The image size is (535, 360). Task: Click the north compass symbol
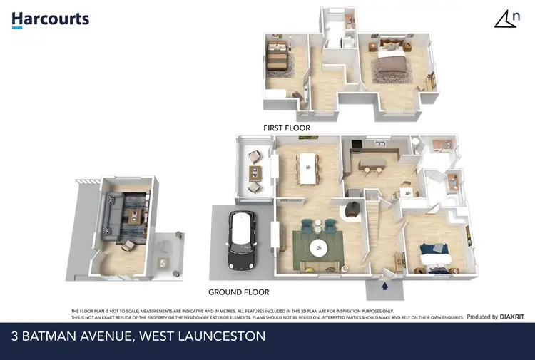click(x=506, y=19)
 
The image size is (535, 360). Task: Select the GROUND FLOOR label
click(x=238, y=292)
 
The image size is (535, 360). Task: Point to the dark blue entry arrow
click(x=386, y=287)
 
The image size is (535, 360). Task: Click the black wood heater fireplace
click(x=352, y=207)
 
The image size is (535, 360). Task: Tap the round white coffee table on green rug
click(x=318, y=250)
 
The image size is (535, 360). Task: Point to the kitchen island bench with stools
click(x=376, y=165)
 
